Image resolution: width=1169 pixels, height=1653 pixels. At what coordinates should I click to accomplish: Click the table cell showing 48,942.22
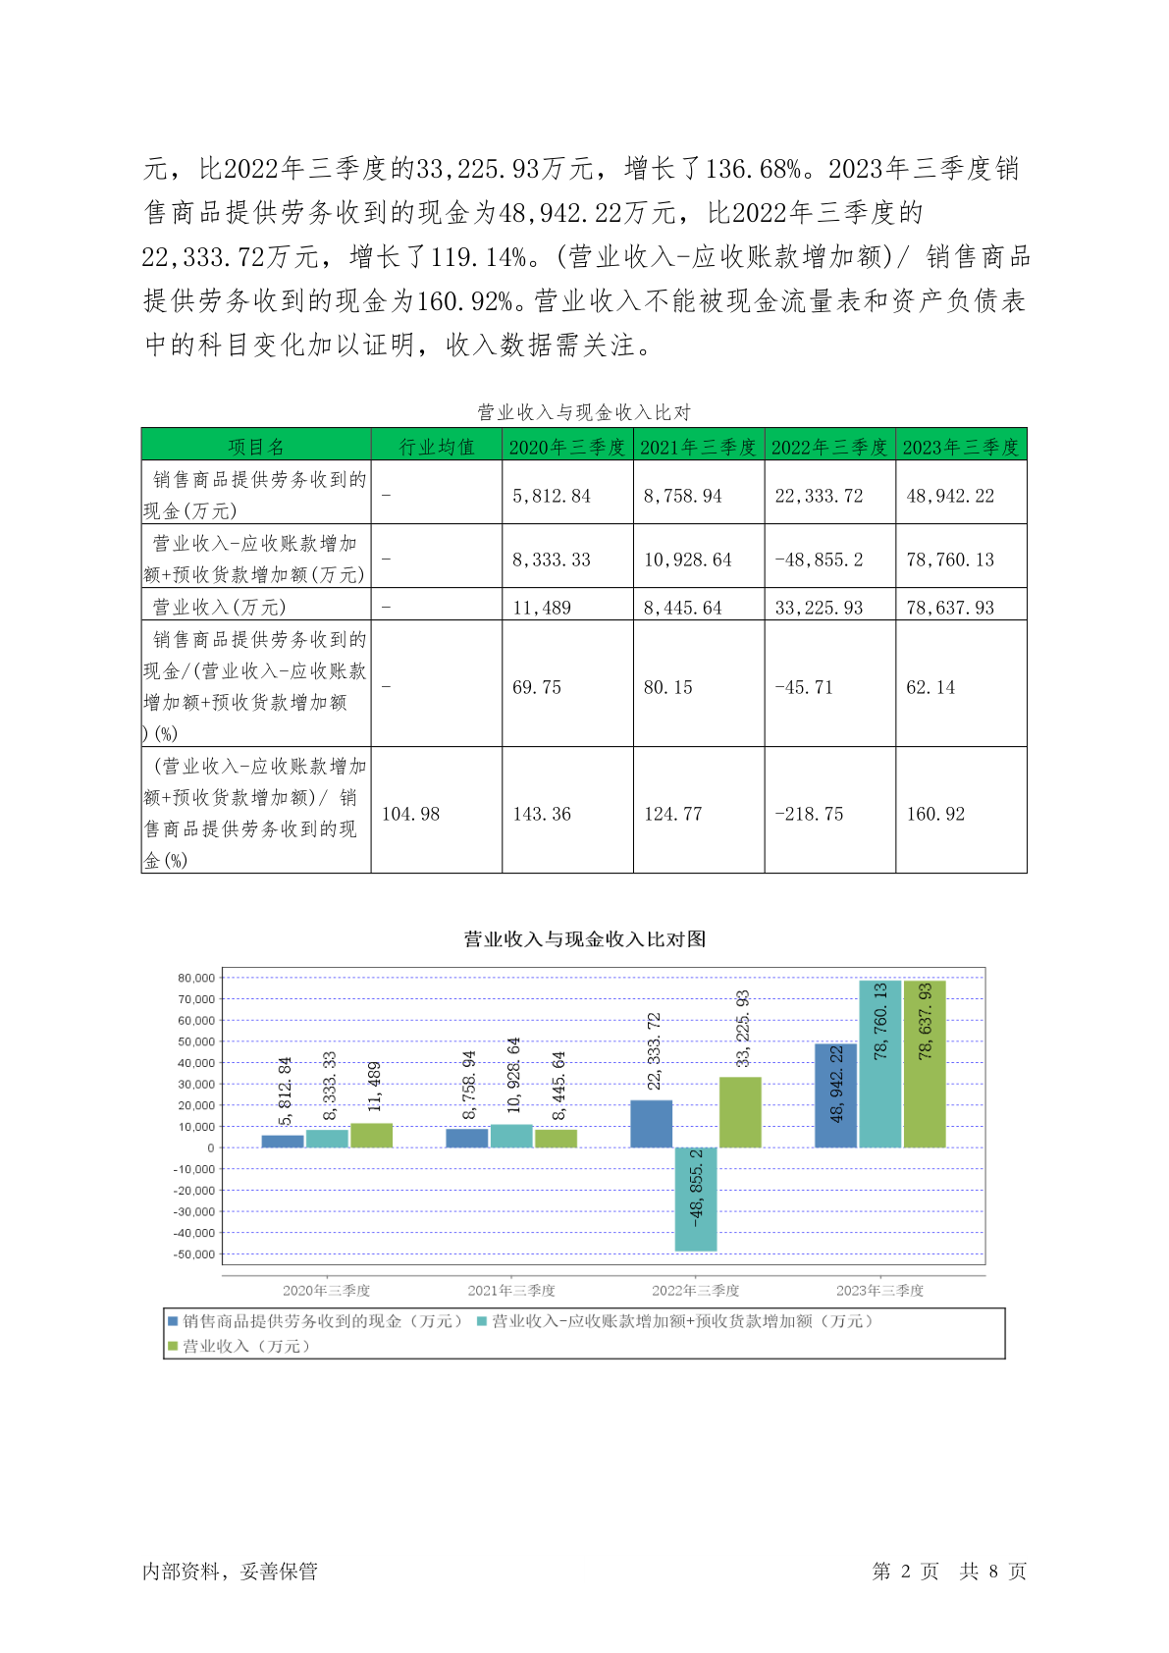click(950, 496)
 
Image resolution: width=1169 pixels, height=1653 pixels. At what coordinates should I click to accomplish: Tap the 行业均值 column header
click(437, 447)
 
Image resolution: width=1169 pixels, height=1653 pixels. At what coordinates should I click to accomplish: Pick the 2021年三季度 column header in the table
click(698, 447)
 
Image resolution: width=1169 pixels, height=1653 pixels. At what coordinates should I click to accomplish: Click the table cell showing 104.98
click(410, 814)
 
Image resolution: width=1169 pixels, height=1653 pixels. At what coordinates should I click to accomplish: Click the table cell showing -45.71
click(804, 687)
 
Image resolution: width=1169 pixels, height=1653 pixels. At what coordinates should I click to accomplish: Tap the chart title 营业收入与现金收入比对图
click(585, 939)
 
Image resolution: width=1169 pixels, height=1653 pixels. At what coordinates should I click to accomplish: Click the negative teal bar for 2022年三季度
click(696, 1199)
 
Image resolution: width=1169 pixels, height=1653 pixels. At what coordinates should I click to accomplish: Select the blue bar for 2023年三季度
click(835, 1094)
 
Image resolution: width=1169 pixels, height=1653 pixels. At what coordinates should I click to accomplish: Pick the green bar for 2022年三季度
click(740, 1112)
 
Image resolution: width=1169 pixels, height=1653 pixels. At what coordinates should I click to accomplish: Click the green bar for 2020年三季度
click(371, 1136)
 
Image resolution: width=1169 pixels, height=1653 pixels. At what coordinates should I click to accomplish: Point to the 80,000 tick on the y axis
click(196, 978)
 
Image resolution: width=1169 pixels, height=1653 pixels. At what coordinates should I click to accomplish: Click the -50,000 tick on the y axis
click(194, 1254)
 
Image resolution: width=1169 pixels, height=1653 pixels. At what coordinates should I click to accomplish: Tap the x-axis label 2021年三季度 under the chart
click(511, 1290)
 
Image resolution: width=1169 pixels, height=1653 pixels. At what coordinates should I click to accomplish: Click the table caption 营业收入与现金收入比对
click(584, 412)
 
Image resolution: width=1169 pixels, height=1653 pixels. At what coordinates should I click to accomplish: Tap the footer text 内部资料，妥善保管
click(230, 1572)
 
